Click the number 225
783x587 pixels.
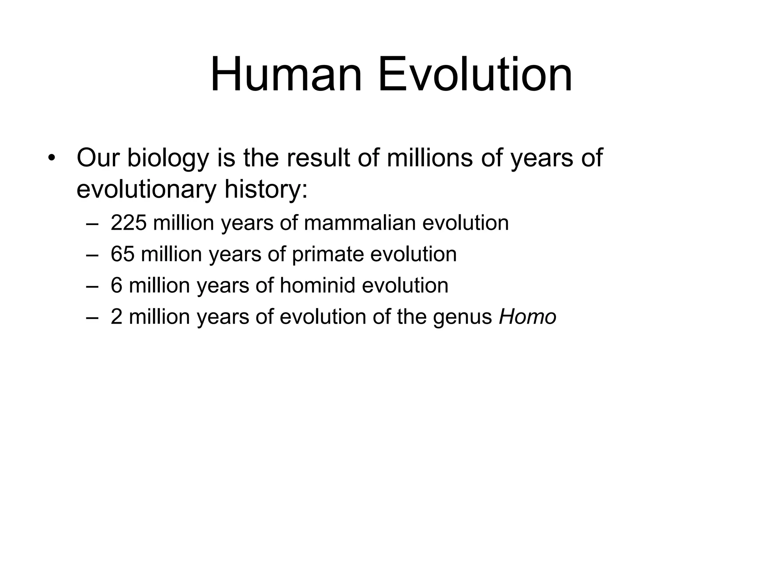coord(128,222)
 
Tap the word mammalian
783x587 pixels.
coord(360,222)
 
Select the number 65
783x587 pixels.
coord(122,254)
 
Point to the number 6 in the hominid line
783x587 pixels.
coord(116,285)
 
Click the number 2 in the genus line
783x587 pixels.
coord(116,316)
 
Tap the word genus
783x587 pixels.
coord(462,317)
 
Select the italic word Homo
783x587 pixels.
coord(528,316)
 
